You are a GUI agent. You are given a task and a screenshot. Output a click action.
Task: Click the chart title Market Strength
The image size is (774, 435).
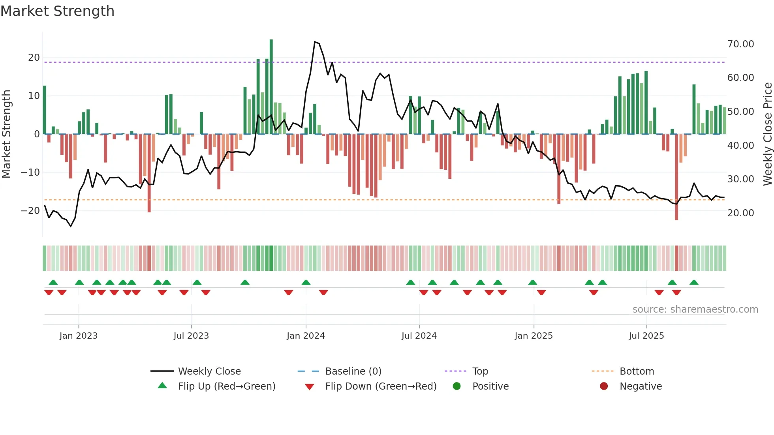point(57,11)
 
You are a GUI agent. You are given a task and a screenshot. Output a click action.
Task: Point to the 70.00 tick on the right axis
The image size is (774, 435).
point(740,44)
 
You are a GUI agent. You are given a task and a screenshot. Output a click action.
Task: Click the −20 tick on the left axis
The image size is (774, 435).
point(30,211)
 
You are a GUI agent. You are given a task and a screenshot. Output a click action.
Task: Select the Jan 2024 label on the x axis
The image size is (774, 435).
point(306,336)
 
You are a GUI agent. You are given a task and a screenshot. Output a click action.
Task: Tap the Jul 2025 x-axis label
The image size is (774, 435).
point(646,336)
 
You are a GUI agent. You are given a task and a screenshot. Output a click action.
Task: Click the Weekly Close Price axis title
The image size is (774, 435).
point(767,134)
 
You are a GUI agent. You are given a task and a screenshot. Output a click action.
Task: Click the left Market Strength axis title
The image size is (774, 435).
point(6,134)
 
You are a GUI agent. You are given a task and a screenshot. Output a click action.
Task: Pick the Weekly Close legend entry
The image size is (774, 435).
point(209,371)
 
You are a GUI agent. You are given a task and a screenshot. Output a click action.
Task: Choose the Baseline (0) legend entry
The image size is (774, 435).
point(353,371)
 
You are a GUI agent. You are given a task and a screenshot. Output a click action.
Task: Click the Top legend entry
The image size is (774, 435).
point(480,371)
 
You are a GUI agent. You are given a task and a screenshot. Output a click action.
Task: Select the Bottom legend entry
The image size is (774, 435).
point(637,371)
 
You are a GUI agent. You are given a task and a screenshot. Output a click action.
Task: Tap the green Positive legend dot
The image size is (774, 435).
point(457,386)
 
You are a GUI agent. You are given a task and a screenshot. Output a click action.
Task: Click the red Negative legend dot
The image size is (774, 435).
point(604,386)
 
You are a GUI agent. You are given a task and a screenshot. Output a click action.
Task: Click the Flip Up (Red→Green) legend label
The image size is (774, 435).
point(226,386)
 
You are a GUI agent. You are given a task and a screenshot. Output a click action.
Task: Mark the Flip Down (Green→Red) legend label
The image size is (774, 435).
point(381,386)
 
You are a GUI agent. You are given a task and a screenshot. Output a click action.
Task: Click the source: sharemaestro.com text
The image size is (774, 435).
point(695,309)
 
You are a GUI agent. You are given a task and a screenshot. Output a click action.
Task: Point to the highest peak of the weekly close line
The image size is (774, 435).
point(315,41)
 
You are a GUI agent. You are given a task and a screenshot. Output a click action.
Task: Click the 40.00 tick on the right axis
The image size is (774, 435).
point(740,146)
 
